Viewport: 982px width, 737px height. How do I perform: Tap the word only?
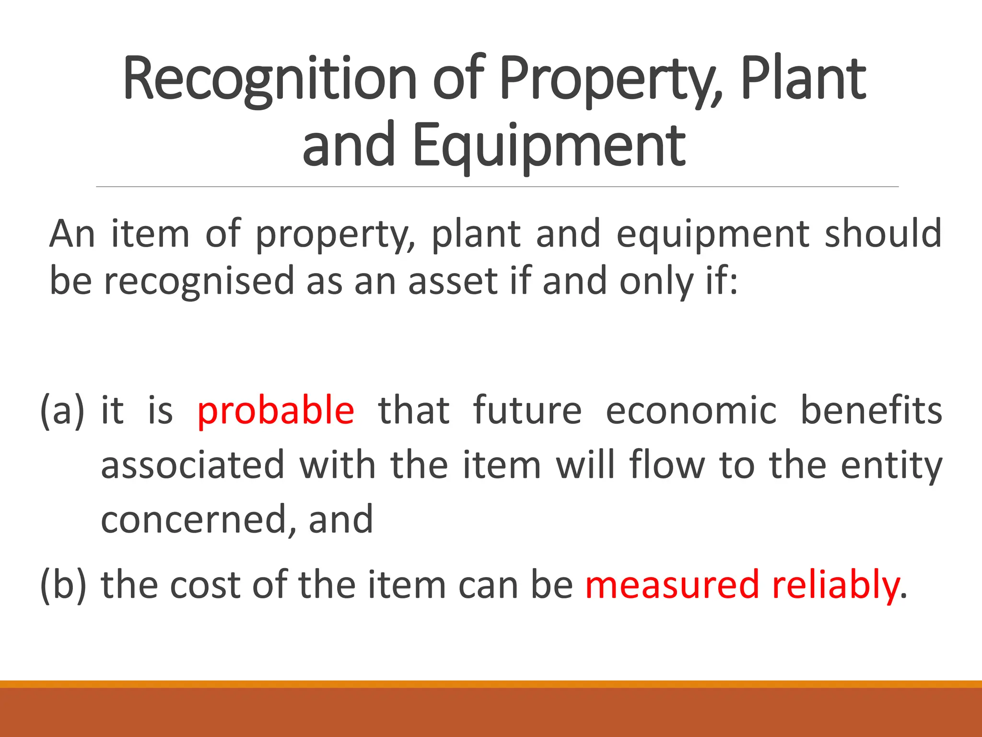[x=656, y=282]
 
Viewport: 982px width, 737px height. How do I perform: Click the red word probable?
[x=276, y=411]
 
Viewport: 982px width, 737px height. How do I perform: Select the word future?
[x=527, y=411]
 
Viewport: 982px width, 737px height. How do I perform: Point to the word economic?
[x=691, y=411]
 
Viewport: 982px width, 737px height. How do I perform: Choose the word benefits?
[x=871, y=411]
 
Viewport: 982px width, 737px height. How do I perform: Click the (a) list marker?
[x=62, y=411]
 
